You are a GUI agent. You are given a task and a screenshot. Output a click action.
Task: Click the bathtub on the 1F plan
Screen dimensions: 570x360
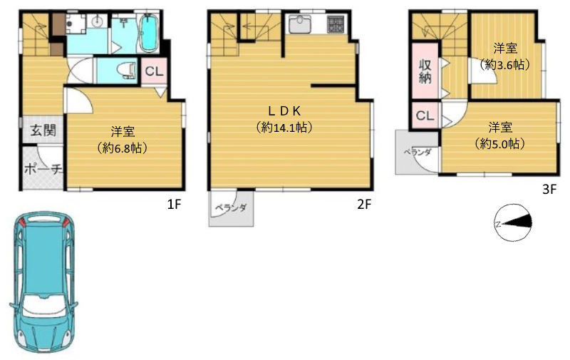click(x=148, y=33)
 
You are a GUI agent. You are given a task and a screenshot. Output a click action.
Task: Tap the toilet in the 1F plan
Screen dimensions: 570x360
click(x=127, y=70)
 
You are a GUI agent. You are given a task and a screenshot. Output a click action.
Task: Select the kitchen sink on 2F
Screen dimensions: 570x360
click(x=300, y=24)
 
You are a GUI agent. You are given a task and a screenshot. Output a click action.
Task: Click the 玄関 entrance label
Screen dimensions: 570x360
click(x=43, y=130)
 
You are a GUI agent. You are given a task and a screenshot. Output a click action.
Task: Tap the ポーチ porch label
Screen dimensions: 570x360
click(x=43, y=169)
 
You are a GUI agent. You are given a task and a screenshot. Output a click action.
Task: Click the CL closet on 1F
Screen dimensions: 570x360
click(x=154, y=71)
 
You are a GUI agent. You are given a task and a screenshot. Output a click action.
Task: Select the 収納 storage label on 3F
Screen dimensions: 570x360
click(x=425, y=71)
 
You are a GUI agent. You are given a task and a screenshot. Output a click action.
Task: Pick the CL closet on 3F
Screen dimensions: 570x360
click(x=425, y=115)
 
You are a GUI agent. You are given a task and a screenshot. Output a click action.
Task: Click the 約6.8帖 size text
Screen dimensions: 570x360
click(x=123, y=148)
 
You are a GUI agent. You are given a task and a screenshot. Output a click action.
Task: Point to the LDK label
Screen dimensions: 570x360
click(x=284, y=110)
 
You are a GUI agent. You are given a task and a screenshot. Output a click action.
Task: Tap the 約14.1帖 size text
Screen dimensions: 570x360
click(x=284, y=128)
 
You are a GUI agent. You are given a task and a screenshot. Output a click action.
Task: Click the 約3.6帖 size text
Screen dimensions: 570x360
click(x=504, y=65)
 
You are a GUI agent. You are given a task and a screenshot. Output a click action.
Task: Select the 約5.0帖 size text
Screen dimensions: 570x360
click(x=500, y=144)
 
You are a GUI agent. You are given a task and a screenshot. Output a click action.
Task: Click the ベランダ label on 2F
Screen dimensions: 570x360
click(x=231, y=208)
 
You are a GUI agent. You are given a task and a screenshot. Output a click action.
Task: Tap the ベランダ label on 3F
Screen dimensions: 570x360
click(x=418, y=153)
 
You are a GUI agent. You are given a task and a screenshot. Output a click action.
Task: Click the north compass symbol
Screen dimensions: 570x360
click(x=513, y=222)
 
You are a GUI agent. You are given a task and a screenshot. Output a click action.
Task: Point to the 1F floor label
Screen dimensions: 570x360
click(x=174, y=205)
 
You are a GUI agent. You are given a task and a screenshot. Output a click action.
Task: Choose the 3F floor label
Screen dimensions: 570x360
click(x=549, y=189)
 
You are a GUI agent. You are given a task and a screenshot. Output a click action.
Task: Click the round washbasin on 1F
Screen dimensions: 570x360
click(x=98, y=21)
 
